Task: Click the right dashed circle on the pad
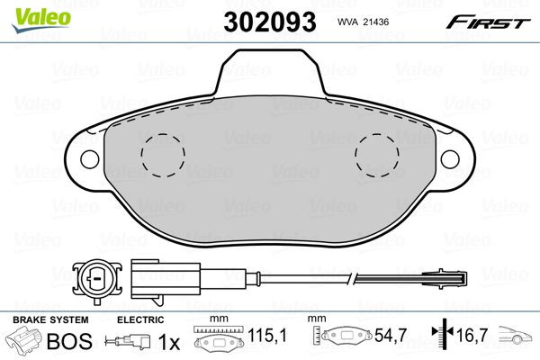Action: [376, 154]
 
